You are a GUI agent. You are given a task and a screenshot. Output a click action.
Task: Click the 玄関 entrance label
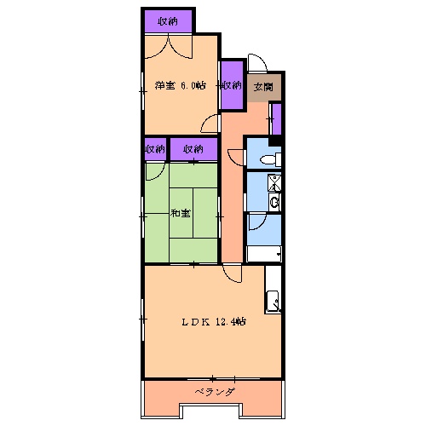(x=262, y=86)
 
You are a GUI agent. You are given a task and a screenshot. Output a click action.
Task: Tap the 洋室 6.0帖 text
(x=181, y=85)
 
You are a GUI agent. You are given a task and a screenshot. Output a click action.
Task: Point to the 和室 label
(x=180, y=213)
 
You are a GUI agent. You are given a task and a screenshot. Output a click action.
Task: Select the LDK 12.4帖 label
(x=213, y=322)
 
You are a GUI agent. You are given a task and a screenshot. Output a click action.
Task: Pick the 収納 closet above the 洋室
(x=168, y=20)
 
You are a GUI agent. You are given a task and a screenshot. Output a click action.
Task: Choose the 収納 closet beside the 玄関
(x=231, y=85)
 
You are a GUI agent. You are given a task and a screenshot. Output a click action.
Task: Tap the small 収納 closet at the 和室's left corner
(x=154, y=149)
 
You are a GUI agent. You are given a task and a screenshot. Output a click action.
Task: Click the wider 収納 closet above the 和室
(x=193, y=149)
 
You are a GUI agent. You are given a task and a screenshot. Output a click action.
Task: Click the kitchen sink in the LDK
(x=273, y=301)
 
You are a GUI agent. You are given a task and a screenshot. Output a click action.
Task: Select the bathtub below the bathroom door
(x=264, y=254)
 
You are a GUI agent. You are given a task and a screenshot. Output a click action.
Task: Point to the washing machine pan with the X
(x=274, y=181)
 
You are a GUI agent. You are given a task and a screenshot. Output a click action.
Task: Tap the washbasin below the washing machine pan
(x=274, y=201)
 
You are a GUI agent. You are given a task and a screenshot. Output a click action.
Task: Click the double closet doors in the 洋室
(x=168, y=44)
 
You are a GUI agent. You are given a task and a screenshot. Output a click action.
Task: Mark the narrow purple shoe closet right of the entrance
(x=276, y=119)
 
